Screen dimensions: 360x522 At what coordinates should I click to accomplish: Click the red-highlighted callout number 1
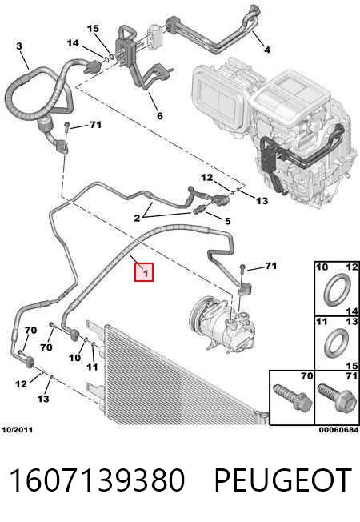pyautogui.click(x=145, y=273)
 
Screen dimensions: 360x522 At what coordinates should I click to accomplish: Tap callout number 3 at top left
pyautogui.click(x=19, y=46)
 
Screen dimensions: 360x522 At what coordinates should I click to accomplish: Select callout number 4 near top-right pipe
pyautogui.click(x=267, y=50)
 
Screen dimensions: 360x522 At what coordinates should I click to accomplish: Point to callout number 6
pyautogui.click(x=160, y=115)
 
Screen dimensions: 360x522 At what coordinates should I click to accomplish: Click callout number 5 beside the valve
pyautogui.click(x=227, y=221)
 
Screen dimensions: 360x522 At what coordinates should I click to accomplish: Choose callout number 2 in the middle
pyautogui.click(x=137, y=218)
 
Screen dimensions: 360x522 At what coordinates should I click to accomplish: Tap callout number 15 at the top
pyautogui.click(x=93, y=29)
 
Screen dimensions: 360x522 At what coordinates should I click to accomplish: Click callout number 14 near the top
pyautogui.click(x=73, y=43)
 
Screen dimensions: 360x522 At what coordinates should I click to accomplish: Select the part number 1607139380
pyautogui.click(x=97, y=480)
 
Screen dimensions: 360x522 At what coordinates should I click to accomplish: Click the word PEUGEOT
pyautogui.click(x=283, y=480)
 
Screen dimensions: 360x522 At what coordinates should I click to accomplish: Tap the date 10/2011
pyautogui.click(x=18, y=430)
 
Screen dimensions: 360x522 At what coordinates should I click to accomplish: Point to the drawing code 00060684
pyautogui.click(x=338, y=430)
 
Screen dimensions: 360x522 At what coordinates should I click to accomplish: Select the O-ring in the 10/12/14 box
pyautogui.click(x=338, y=289)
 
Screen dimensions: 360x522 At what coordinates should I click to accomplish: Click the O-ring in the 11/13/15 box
pyautogui.click(x=337, y=345)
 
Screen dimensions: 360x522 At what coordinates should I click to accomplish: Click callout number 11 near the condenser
pyautogui.click(x=92, y=367)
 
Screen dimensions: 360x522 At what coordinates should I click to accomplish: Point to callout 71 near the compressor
pyautogui.click(x=271, y=266)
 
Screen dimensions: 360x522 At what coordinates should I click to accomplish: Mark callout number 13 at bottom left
pyautogui.click(x=43, y=398)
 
